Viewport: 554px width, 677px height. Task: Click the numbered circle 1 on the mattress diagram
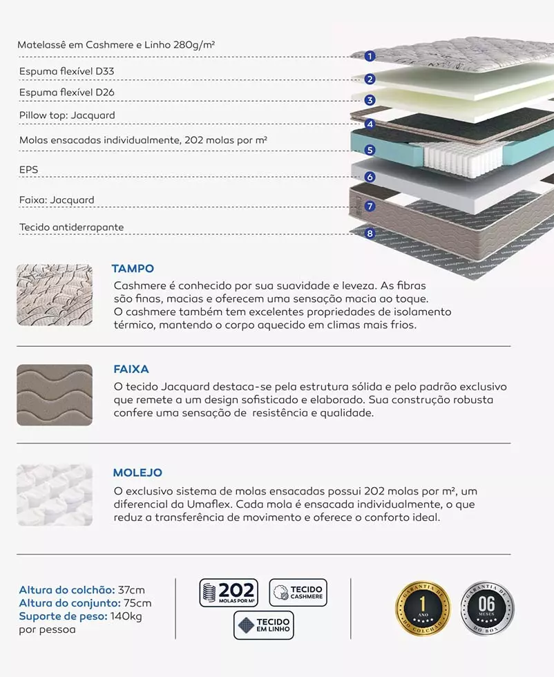click(370, 56)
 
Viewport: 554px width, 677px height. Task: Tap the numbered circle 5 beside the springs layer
click(370, 150)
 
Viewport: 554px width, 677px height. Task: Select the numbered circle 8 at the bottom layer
click(370, 233)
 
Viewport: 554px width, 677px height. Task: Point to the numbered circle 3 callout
click(370, 100)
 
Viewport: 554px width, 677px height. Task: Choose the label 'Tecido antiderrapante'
click(72, 227)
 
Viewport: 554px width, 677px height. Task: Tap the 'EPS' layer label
click(28, 168)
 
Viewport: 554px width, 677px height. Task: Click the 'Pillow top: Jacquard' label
click(67, 115)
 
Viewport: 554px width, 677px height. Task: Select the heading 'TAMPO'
click(133, 269)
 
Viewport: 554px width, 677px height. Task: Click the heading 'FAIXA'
click(131, 370)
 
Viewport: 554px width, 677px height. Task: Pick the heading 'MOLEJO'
click(137, 473)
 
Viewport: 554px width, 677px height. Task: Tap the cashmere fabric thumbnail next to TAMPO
click(55, 295)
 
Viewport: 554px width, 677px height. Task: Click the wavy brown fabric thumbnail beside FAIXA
click(55, 395)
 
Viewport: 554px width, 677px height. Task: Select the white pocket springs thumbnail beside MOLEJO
click(55, 495)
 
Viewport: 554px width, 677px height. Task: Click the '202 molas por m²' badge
click(229, 593)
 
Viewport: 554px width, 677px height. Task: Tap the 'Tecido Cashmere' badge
click(298, 593)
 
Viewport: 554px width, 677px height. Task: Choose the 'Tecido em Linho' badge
click(263, 625)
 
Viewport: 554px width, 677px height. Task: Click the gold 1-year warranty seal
click(422, 609)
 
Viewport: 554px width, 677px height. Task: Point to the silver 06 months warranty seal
click(487, 609)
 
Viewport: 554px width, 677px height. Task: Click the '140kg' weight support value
click(126, 616)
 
